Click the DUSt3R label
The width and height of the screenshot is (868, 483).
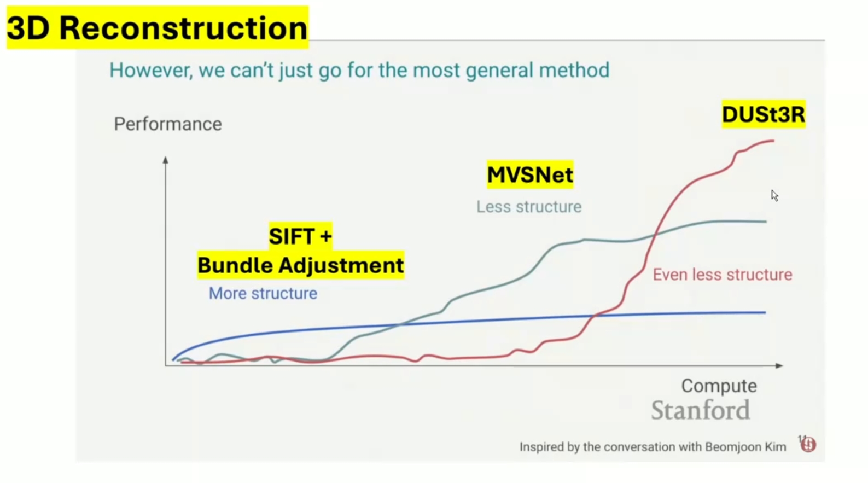[764, 114]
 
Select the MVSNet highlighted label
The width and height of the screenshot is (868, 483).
[530, 175]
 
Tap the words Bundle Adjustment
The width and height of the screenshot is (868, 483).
[301, 265]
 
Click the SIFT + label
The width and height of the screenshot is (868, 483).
[300, 236]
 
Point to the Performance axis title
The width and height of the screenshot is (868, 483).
[168, 124]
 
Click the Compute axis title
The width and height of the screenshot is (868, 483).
[719, 386]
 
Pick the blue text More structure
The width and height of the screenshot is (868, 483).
[263, 293]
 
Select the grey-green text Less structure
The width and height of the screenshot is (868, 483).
[529, 207]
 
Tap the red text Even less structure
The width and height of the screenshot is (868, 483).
[723, 275]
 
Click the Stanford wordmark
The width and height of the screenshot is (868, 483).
[701, 410]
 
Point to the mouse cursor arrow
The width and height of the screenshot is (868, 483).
[774, 196]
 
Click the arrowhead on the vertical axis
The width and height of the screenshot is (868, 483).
[166, 160]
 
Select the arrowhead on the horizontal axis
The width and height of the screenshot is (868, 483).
[779, 365]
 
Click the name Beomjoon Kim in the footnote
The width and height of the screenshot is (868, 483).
[745, 447]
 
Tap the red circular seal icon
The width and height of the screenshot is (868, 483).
[808, 445]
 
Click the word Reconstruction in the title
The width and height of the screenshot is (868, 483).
[183, 28]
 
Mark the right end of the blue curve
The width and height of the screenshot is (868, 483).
[766, 312]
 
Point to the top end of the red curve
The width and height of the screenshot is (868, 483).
[774, 141]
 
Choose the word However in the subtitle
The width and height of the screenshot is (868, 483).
[151, 71]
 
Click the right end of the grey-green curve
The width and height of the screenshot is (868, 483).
[766, 222]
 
